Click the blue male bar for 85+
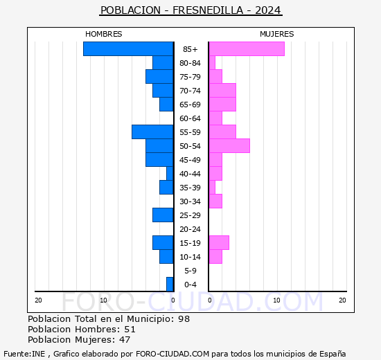click(128, 49)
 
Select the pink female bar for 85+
click(247, 49)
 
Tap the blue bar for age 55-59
click(152, 132)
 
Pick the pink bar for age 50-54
click(229, 146)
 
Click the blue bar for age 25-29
click(163, 215)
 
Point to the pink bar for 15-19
click(219, 243)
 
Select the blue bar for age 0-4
click(170, 285)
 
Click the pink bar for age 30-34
click(215, 201)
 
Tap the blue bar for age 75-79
click(159, 77)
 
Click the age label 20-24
click(190, 229)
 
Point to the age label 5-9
click(190, 271)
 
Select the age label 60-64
click(190, 118)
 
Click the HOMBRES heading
click(104, 34)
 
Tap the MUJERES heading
click(277, 34)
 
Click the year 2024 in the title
click(267, 10)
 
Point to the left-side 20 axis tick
click(39, 300)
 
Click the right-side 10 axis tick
click(277, 300)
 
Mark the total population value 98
click(183, 319)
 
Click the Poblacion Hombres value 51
click(129, 330)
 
